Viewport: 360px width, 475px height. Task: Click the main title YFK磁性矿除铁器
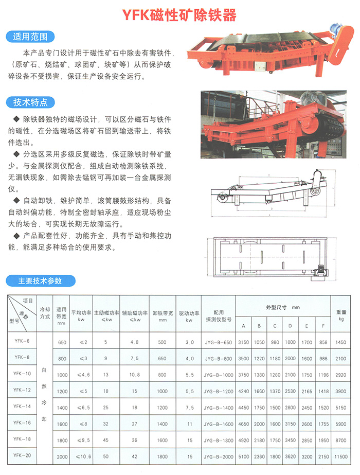click(179, 15)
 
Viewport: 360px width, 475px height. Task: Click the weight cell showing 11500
click(342, 456)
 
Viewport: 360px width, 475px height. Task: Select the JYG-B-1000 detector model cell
click(218, 375)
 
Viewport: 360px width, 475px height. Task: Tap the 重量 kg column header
click(342, 315)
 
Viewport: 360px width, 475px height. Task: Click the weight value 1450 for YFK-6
click(342, 342)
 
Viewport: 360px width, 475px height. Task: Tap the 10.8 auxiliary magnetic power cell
click(135, 375)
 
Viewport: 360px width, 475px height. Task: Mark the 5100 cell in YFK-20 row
click(244, 456)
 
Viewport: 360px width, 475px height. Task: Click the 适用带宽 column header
click(62, 315)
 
